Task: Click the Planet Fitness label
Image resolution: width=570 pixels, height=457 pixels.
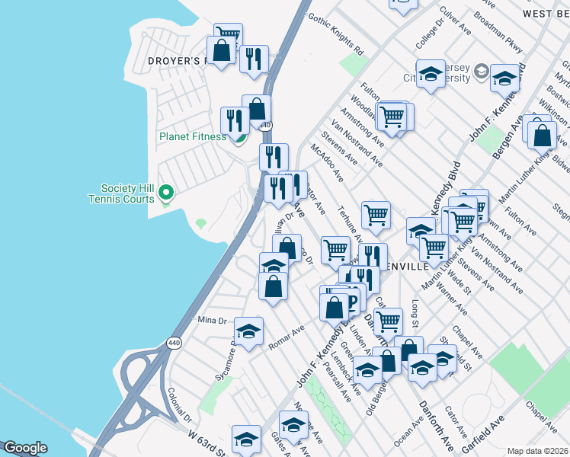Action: coord(192,137)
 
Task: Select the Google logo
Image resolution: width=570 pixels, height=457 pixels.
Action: coord(25,448)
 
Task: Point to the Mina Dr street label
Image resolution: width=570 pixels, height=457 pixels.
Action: coord(213,320)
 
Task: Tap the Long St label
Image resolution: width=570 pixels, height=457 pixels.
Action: coord(416,309)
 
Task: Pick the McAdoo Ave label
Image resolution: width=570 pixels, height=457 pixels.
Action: coord(327,162)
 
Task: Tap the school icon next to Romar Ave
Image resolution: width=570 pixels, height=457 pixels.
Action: coord(248,331)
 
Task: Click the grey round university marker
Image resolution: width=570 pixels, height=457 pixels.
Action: coord(481,72)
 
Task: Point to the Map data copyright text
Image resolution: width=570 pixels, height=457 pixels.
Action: coord(538,450)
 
